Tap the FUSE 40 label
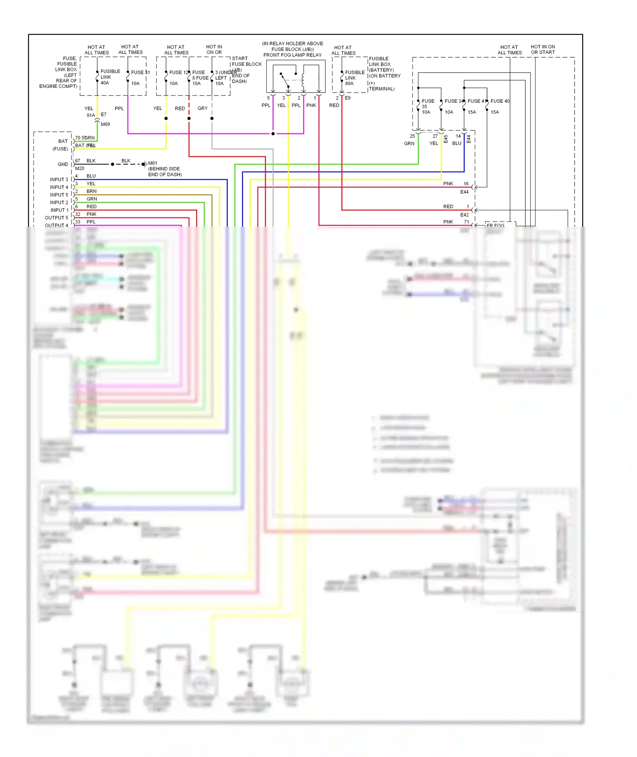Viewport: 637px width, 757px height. click(x=500, y=101)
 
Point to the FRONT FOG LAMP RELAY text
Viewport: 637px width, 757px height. click(x=292, y=55)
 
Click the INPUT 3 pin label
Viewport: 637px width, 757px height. click(x=59, y=180)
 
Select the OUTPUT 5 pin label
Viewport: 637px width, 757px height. click(x=56, y=218)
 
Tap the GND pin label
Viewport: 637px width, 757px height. click(x=62, y=164)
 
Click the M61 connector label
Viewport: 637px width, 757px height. click(x=152, y=163)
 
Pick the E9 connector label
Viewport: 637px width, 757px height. click(x=348, y=98)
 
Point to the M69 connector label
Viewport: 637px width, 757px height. click(x=105, y=124)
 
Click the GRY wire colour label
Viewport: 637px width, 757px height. click(x=203, y=108)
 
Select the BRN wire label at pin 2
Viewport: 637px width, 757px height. click(x=91, y=192)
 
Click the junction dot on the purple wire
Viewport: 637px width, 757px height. click(x=273, y=134)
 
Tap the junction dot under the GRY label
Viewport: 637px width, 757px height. click(x=212, y=119)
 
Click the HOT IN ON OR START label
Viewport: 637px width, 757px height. click(x=542, y=50)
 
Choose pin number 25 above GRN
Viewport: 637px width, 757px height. click(x=412, y=136)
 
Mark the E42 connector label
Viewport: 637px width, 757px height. click(x=464, y=215)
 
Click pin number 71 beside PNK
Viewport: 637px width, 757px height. click(x=466, y=222)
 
